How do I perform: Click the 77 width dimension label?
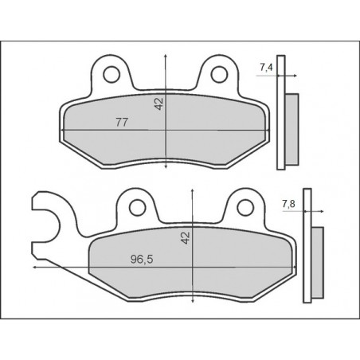123,122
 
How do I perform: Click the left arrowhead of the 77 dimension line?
65,129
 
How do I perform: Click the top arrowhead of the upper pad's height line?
165,56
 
